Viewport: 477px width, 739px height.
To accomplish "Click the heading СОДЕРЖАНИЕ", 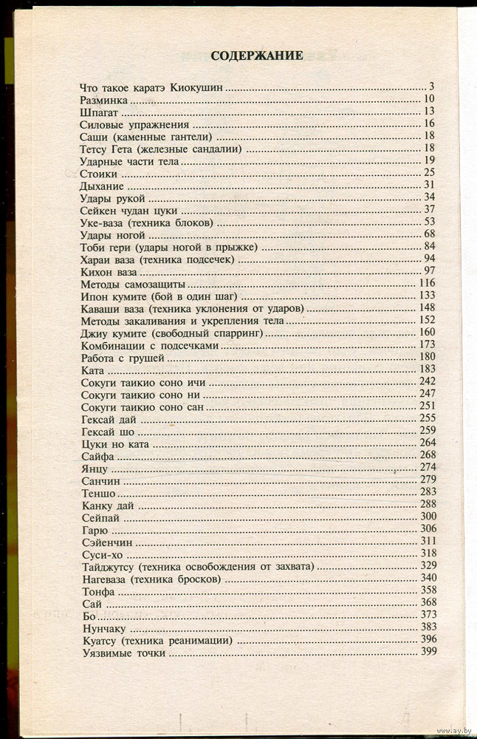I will click(257, 55).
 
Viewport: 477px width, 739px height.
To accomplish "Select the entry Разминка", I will click(104, 100).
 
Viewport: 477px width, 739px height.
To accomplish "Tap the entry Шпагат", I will click(98, 112).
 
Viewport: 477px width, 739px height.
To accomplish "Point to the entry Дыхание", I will click(100, 185).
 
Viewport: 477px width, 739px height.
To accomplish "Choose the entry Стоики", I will click(98, 173).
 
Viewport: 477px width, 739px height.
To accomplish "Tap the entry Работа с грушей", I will click(123, 357).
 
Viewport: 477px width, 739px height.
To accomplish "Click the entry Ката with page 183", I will click(93, 369).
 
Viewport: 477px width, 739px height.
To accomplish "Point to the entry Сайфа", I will click(98, 456).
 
